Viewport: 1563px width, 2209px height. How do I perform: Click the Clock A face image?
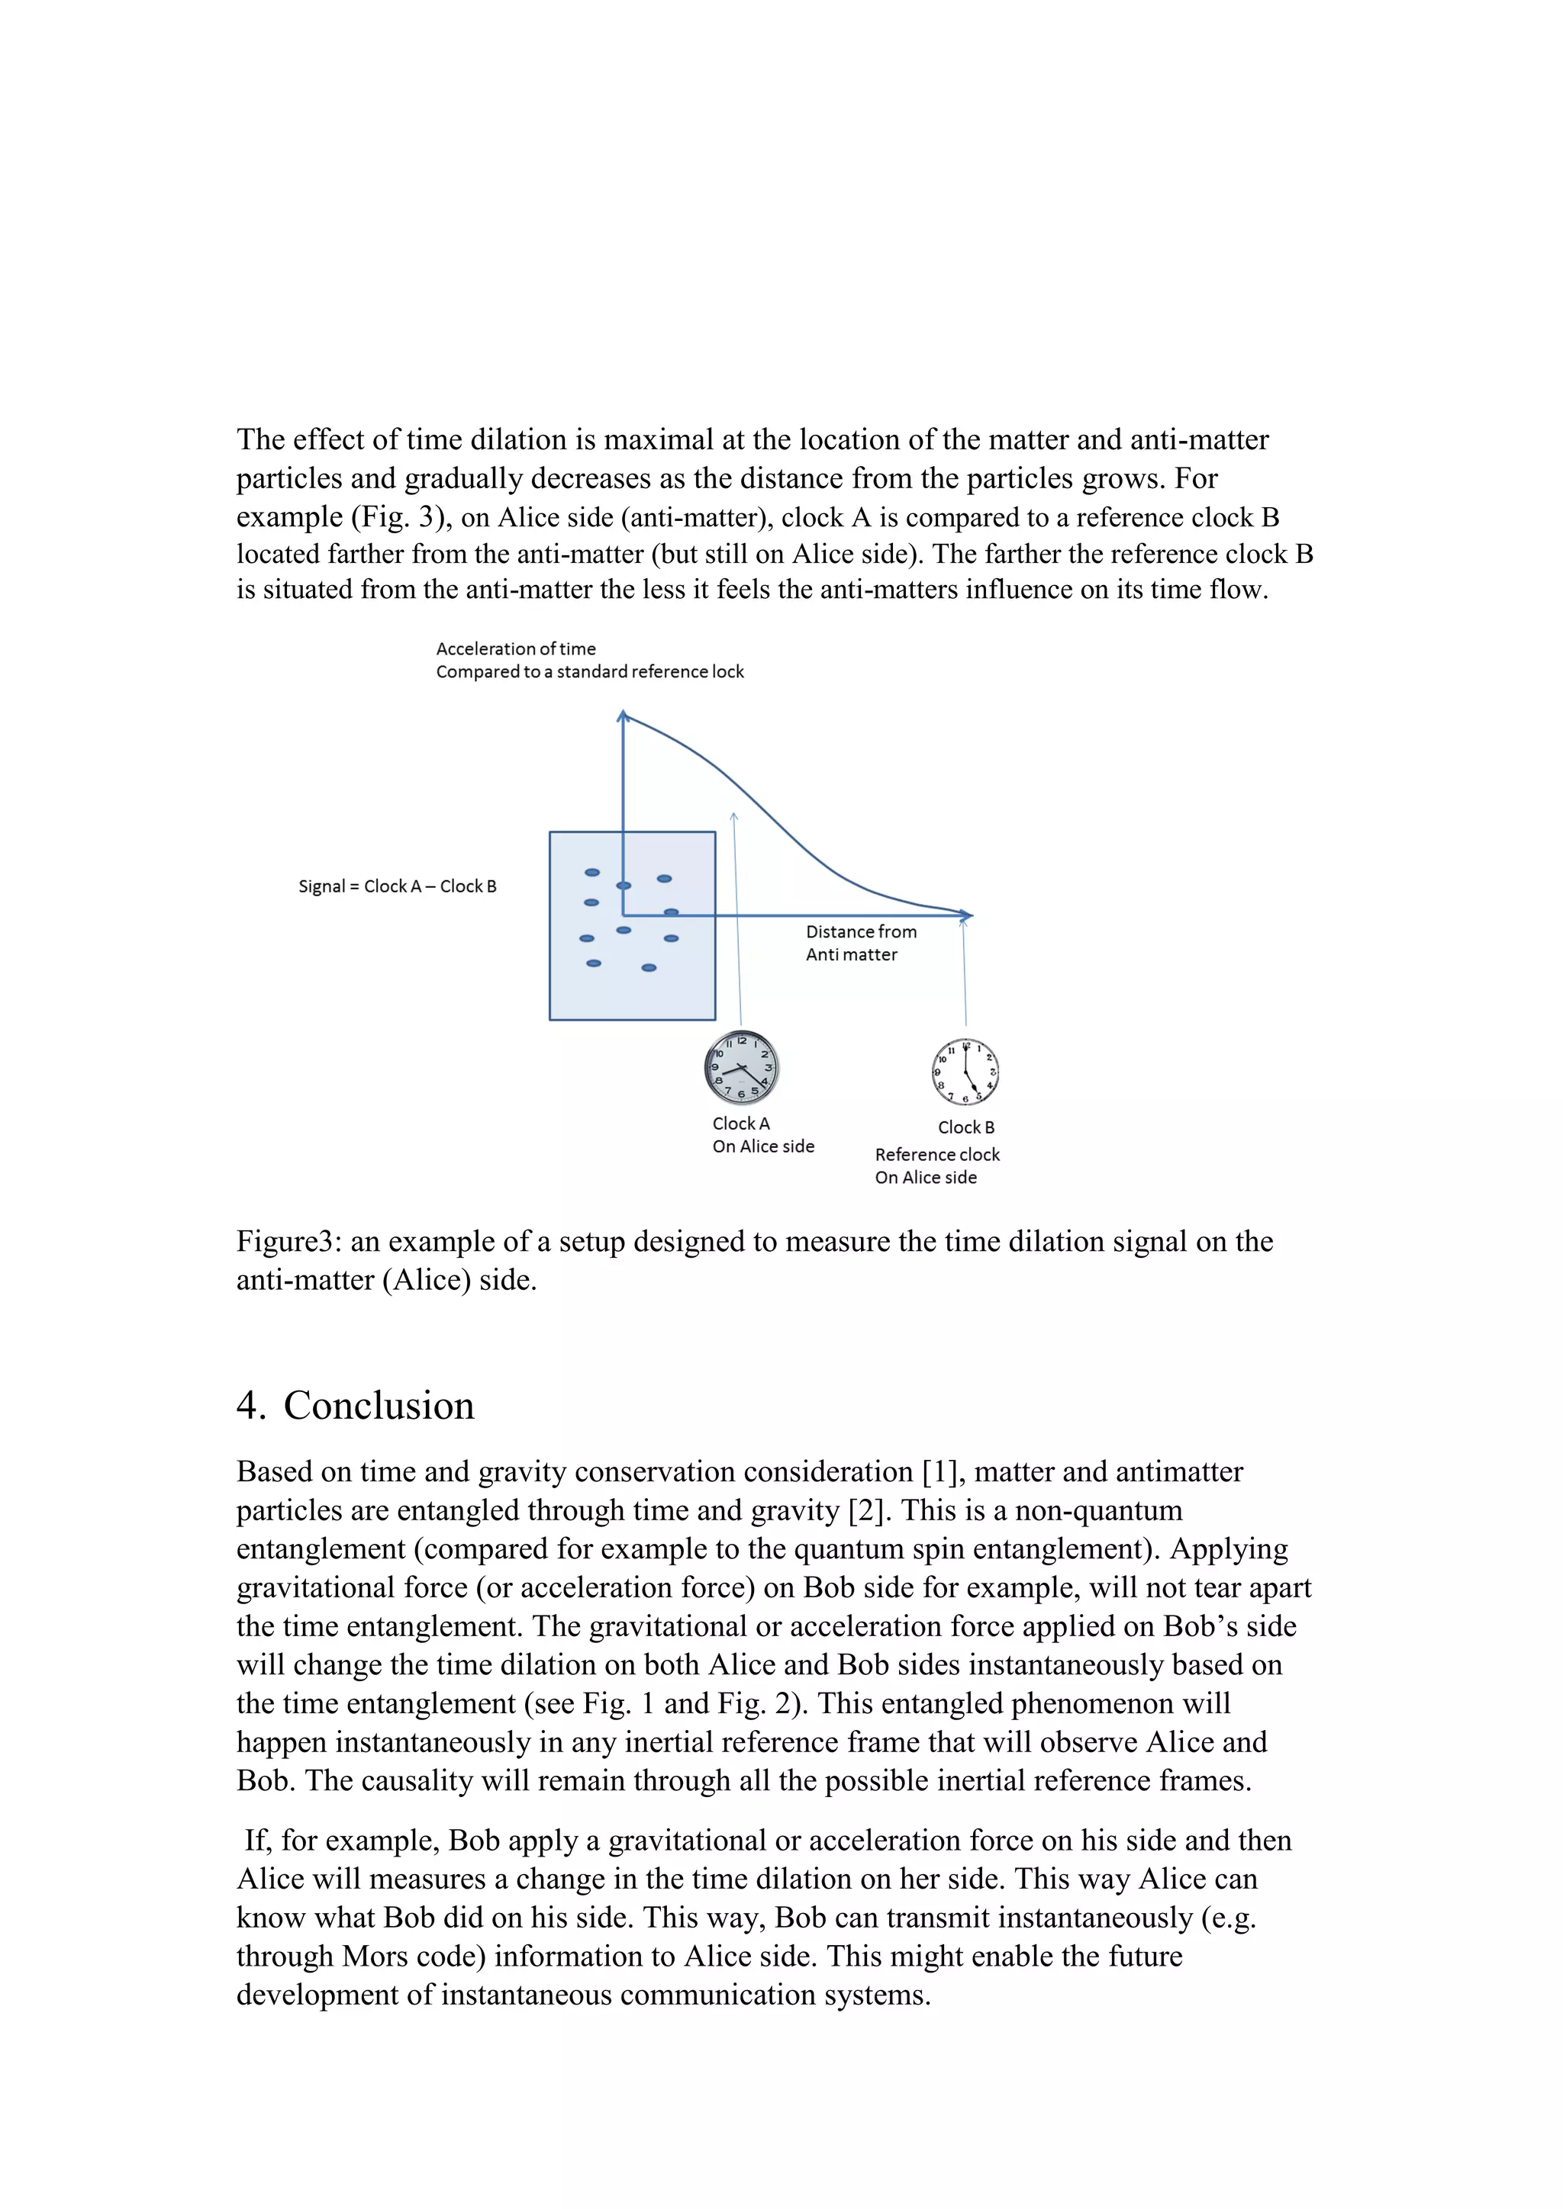(x=741, y=1068)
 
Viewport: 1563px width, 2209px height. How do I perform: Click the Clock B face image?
(x=965, y=1072)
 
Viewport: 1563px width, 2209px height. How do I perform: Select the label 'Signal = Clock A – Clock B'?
(x=398, y=886)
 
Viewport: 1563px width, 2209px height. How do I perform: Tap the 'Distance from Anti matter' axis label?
(x=860, y=943)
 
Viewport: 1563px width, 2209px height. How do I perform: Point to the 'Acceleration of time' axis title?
(x=516, y=648)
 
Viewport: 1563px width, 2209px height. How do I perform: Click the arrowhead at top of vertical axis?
(x=623, y=715)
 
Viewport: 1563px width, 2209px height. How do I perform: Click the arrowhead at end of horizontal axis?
(x=967, y=915)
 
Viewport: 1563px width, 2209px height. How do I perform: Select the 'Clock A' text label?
(x=741, y=1123)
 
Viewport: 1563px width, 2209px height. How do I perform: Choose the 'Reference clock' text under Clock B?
(x=937, y=1155)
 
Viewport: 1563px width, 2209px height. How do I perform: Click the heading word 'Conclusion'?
(x=379, y=1406)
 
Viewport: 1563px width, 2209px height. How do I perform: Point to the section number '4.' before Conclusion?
(x=250, y=1406)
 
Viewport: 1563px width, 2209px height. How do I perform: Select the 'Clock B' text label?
(x=966, y=1127)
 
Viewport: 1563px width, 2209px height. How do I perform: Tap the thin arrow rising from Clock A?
(x=737, y=924)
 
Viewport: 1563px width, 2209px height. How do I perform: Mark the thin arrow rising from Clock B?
(x=965, y=972)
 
